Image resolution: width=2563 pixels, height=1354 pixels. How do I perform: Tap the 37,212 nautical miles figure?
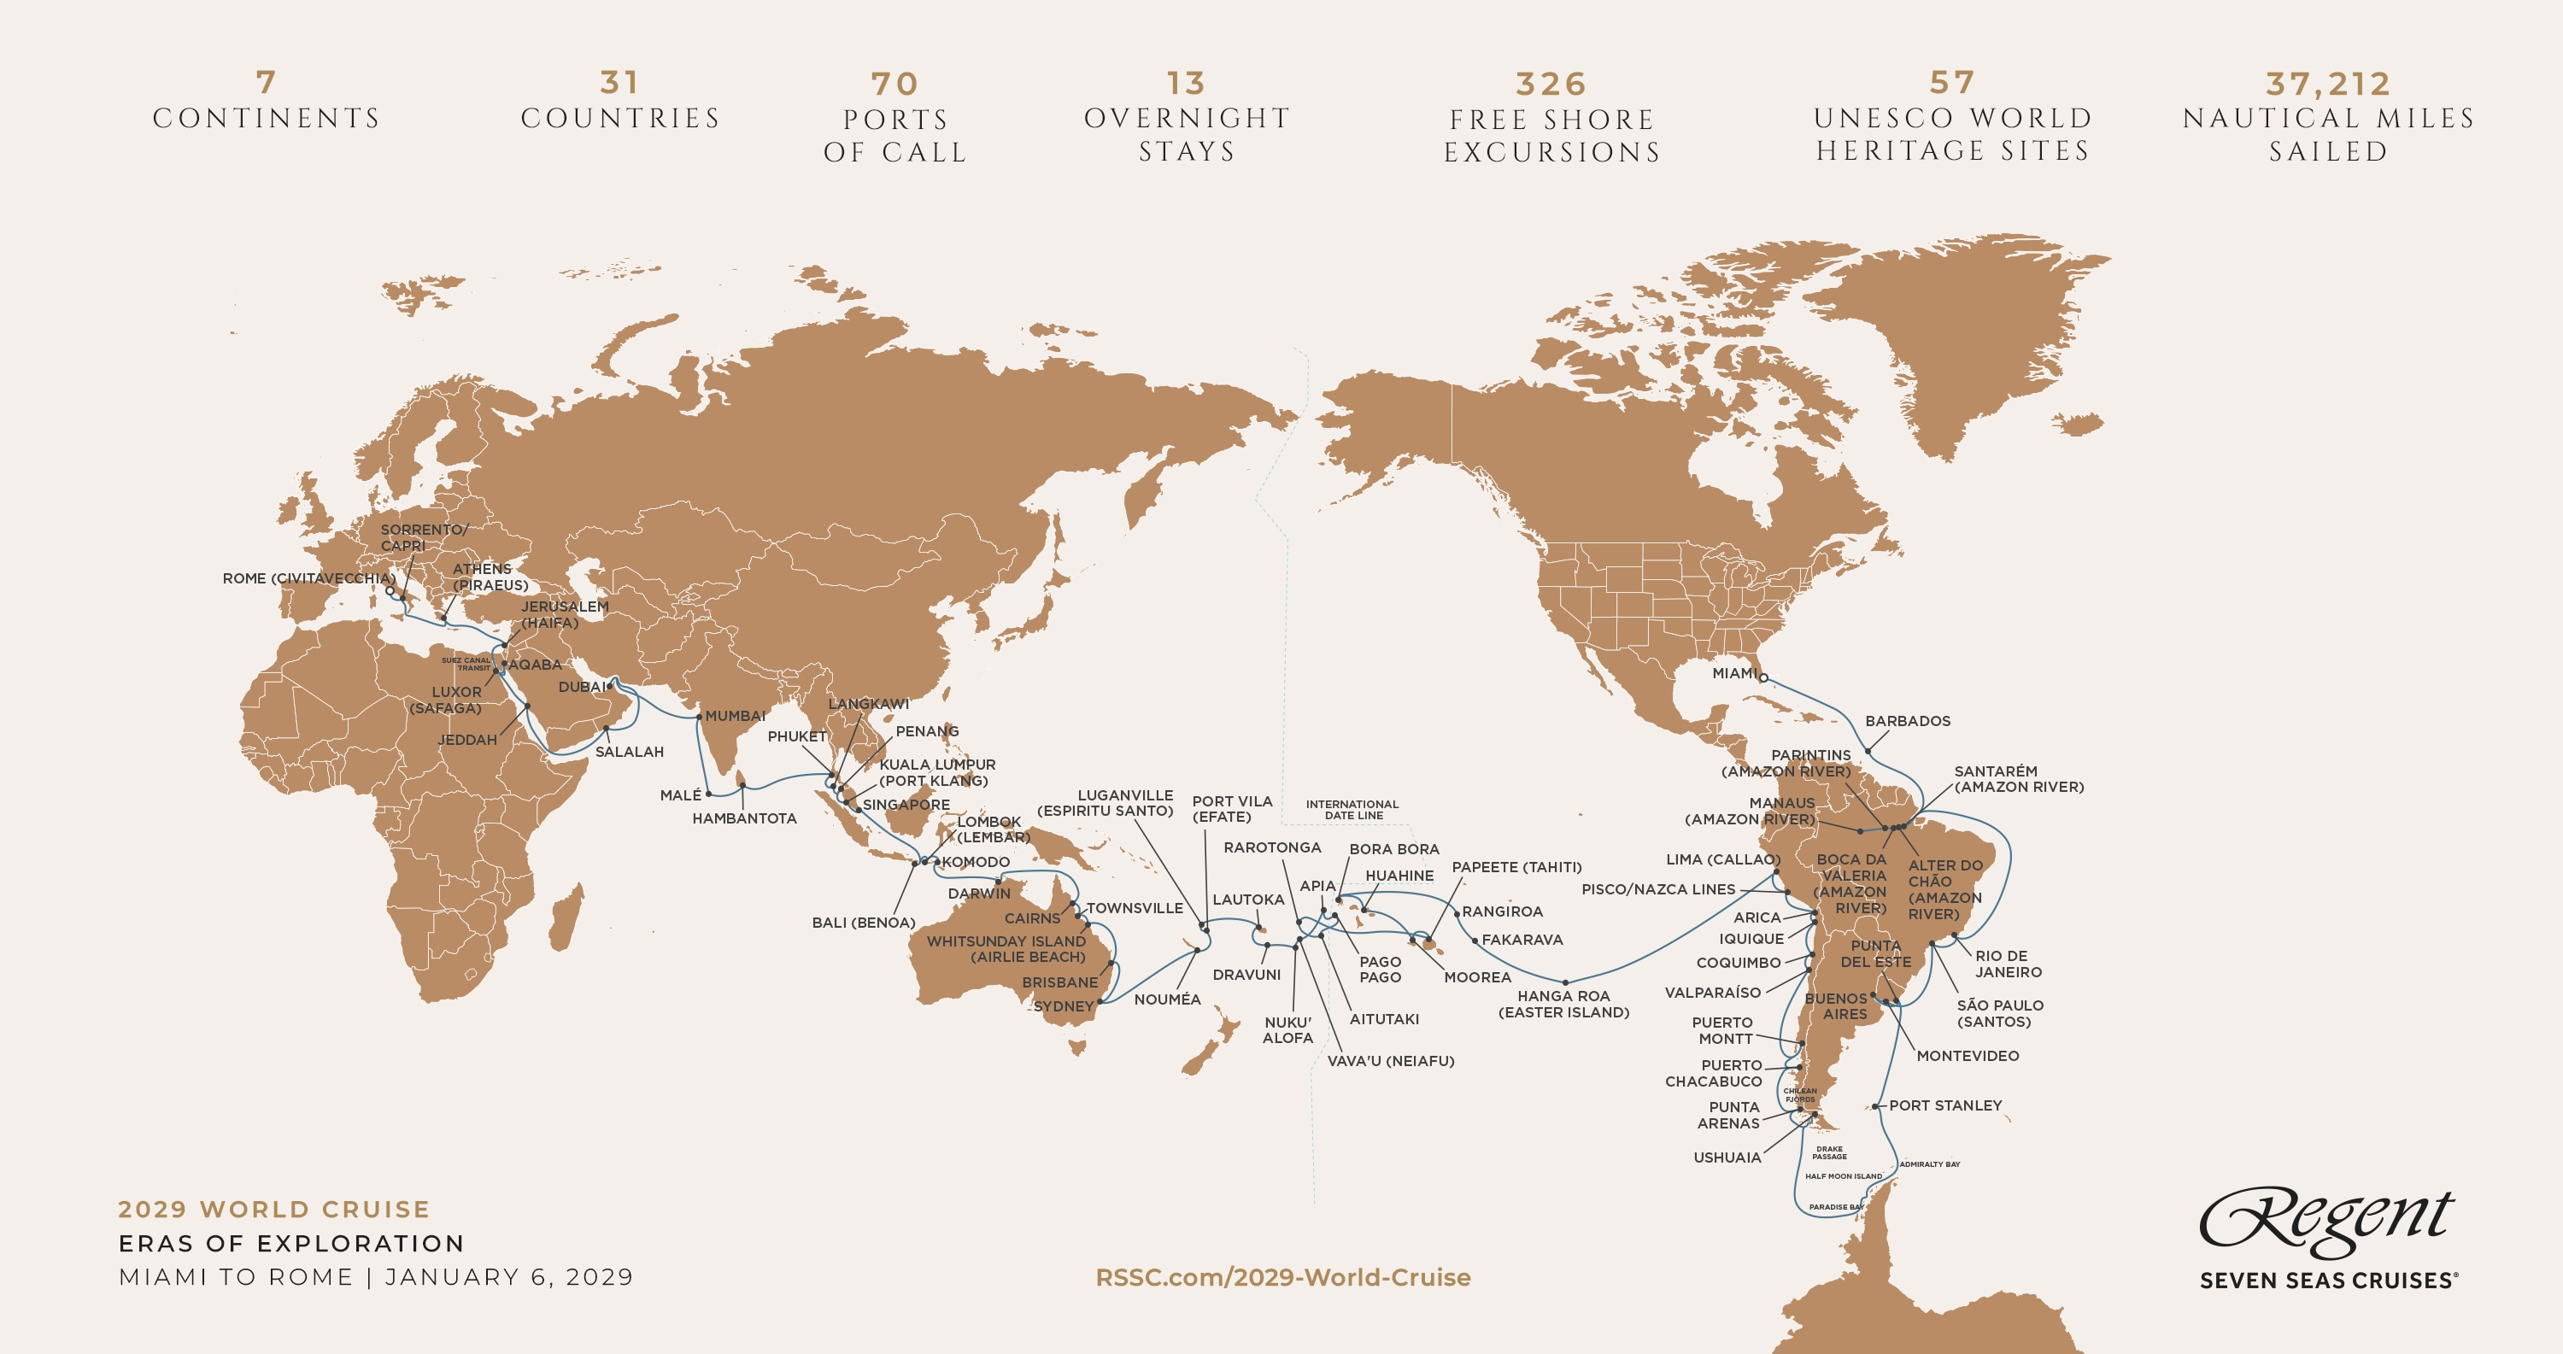coord(2327,85)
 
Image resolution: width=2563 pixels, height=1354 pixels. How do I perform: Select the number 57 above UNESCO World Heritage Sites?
coord(1952,84)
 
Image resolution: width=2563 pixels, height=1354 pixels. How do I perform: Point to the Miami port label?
coord(1733,673)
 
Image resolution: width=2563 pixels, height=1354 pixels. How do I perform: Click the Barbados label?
coord(1908,721)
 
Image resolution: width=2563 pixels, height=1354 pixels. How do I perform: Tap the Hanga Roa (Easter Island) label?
coord(1563,1004)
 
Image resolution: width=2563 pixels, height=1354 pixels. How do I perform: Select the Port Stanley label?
coord(1944,1105)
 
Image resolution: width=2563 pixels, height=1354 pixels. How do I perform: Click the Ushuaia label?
coord(1727,1157)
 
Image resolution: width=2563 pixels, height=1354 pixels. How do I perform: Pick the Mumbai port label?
coord(736,717)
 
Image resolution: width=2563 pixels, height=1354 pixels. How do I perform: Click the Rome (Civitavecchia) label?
coord(308,579)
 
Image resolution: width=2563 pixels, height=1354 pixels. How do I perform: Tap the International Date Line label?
coord(1352,810)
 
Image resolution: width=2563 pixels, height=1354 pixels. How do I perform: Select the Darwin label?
coord(978,894)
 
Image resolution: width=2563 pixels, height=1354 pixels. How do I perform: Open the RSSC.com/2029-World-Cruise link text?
coord(1282,1277)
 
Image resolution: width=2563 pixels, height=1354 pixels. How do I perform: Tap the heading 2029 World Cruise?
coord(273,1210)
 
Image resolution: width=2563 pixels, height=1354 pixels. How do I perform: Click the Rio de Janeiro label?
coord(2008,964)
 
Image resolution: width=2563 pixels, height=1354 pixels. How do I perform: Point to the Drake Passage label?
coord(1829,1152)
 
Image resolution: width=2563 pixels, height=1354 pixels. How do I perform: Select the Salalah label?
coord(629,752)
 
